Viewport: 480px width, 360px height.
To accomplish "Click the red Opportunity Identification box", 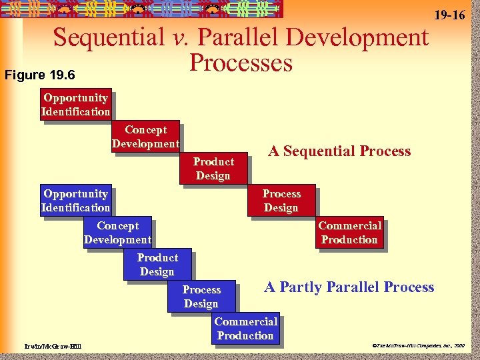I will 75,105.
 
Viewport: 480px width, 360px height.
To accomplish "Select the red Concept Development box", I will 145,137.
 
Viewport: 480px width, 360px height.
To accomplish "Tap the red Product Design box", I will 213,169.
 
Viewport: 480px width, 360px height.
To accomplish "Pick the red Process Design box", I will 281,201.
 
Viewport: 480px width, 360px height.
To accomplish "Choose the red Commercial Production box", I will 349,233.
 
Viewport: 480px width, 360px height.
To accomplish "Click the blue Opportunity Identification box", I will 75,201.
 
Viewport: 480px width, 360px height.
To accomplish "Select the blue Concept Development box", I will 117,233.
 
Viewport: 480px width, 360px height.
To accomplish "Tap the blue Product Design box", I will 157,265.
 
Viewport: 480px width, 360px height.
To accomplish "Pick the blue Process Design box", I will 201,297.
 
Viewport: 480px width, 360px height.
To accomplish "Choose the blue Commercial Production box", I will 245,329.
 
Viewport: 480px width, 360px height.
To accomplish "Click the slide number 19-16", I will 449,15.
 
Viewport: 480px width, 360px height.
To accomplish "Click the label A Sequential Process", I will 339,151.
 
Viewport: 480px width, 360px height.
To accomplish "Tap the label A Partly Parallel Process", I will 349,287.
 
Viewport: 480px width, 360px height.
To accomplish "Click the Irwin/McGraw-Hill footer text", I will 46,346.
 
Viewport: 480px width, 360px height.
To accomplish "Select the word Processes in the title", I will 241,63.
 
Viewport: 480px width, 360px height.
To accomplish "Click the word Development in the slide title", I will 368,37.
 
